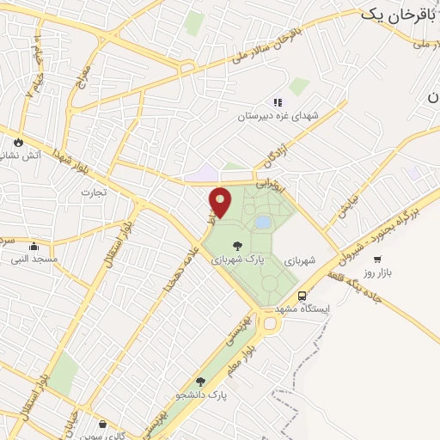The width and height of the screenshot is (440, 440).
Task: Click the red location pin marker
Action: click(221, 202)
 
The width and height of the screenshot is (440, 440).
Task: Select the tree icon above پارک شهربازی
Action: click(237, 246)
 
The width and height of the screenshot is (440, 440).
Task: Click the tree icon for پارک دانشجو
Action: click(200, 382)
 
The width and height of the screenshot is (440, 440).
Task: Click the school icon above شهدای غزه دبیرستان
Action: click(278, 102)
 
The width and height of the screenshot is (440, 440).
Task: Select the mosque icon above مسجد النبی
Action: click(34, 247)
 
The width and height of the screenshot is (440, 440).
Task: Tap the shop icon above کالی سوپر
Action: click(103, 423)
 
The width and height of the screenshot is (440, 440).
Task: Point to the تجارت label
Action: click(93, 192)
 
